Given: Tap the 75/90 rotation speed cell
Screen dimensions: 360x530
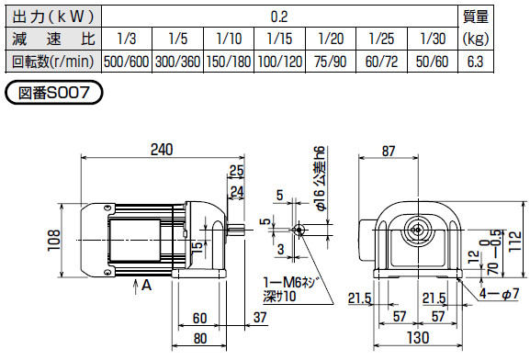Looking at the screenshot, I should (x=330, y=62).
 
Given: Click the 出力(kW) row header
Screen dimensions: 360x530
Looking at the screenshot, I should (x=51, y=16).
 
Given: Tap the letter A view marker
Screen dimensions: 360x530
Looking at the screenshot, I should (x=146, y=287).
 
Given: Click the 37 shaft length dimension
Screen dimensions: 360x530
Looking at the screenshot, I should (x=258, y=318).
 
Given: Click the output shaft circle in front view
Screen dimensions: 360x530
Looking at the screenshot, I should (x=418, y=228).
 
